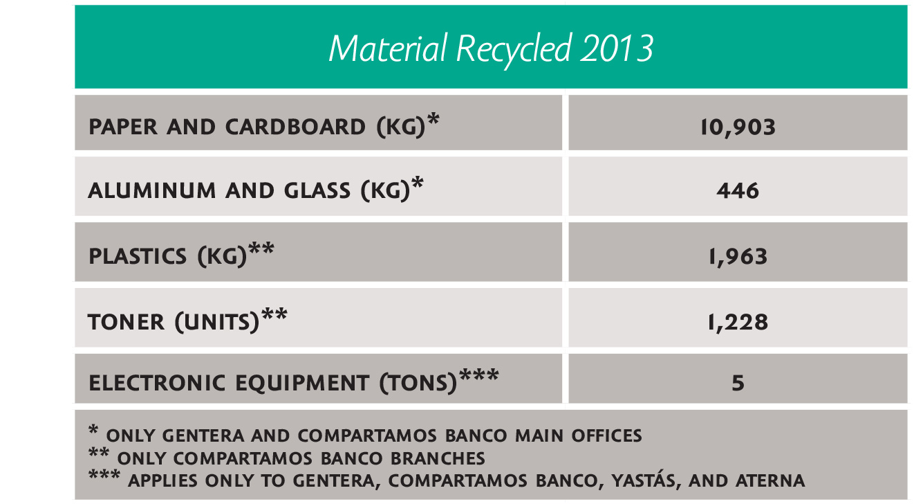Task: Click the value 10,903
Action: pyautogui.click(x=738, y=127)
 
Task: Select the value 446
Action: pyautogui.click(x=738, y=191)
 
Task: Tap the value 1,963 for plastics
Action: pyautogui.click(x=738, y=256)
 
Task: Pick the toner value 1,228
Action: pyautogui.click(x=738, y=322)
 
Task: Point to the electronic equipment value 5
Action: pyautogui.click(x=738, y=383)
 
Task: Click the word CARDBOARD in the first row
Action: pyautogui.click(x=295, y=127)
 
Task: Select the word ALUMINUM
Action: pyautogui.click(x=152, y=191)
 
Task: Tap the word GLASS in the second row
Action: pyautogui.click(x=317, y=191)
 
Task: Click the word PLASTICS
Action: pyautogui.click(x=138, y=256)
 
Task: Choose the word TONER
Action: pyautogui.click(x=126, y=322)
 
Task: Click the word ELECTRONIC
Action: pyautogui.click(x=157, y=383)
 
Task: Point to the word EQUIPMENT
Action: pyautogui.click(x=302, y=384)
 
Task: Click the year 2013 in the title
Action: pyautogui.click(x=617, y=48)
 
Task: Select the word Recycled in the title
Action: pyautogui.click(x=513, y=50)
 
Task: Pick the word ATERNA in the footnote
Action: pyautogui.click(x=770, y=480)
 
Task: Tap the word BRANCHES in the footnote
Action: pyautogui.click(x=438, y=459)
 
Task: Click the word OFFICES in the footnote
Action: pyautogui.click(x=606, y=435)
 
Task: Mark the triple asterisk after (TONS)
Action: pyautogui.click(x=479, y=375)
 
